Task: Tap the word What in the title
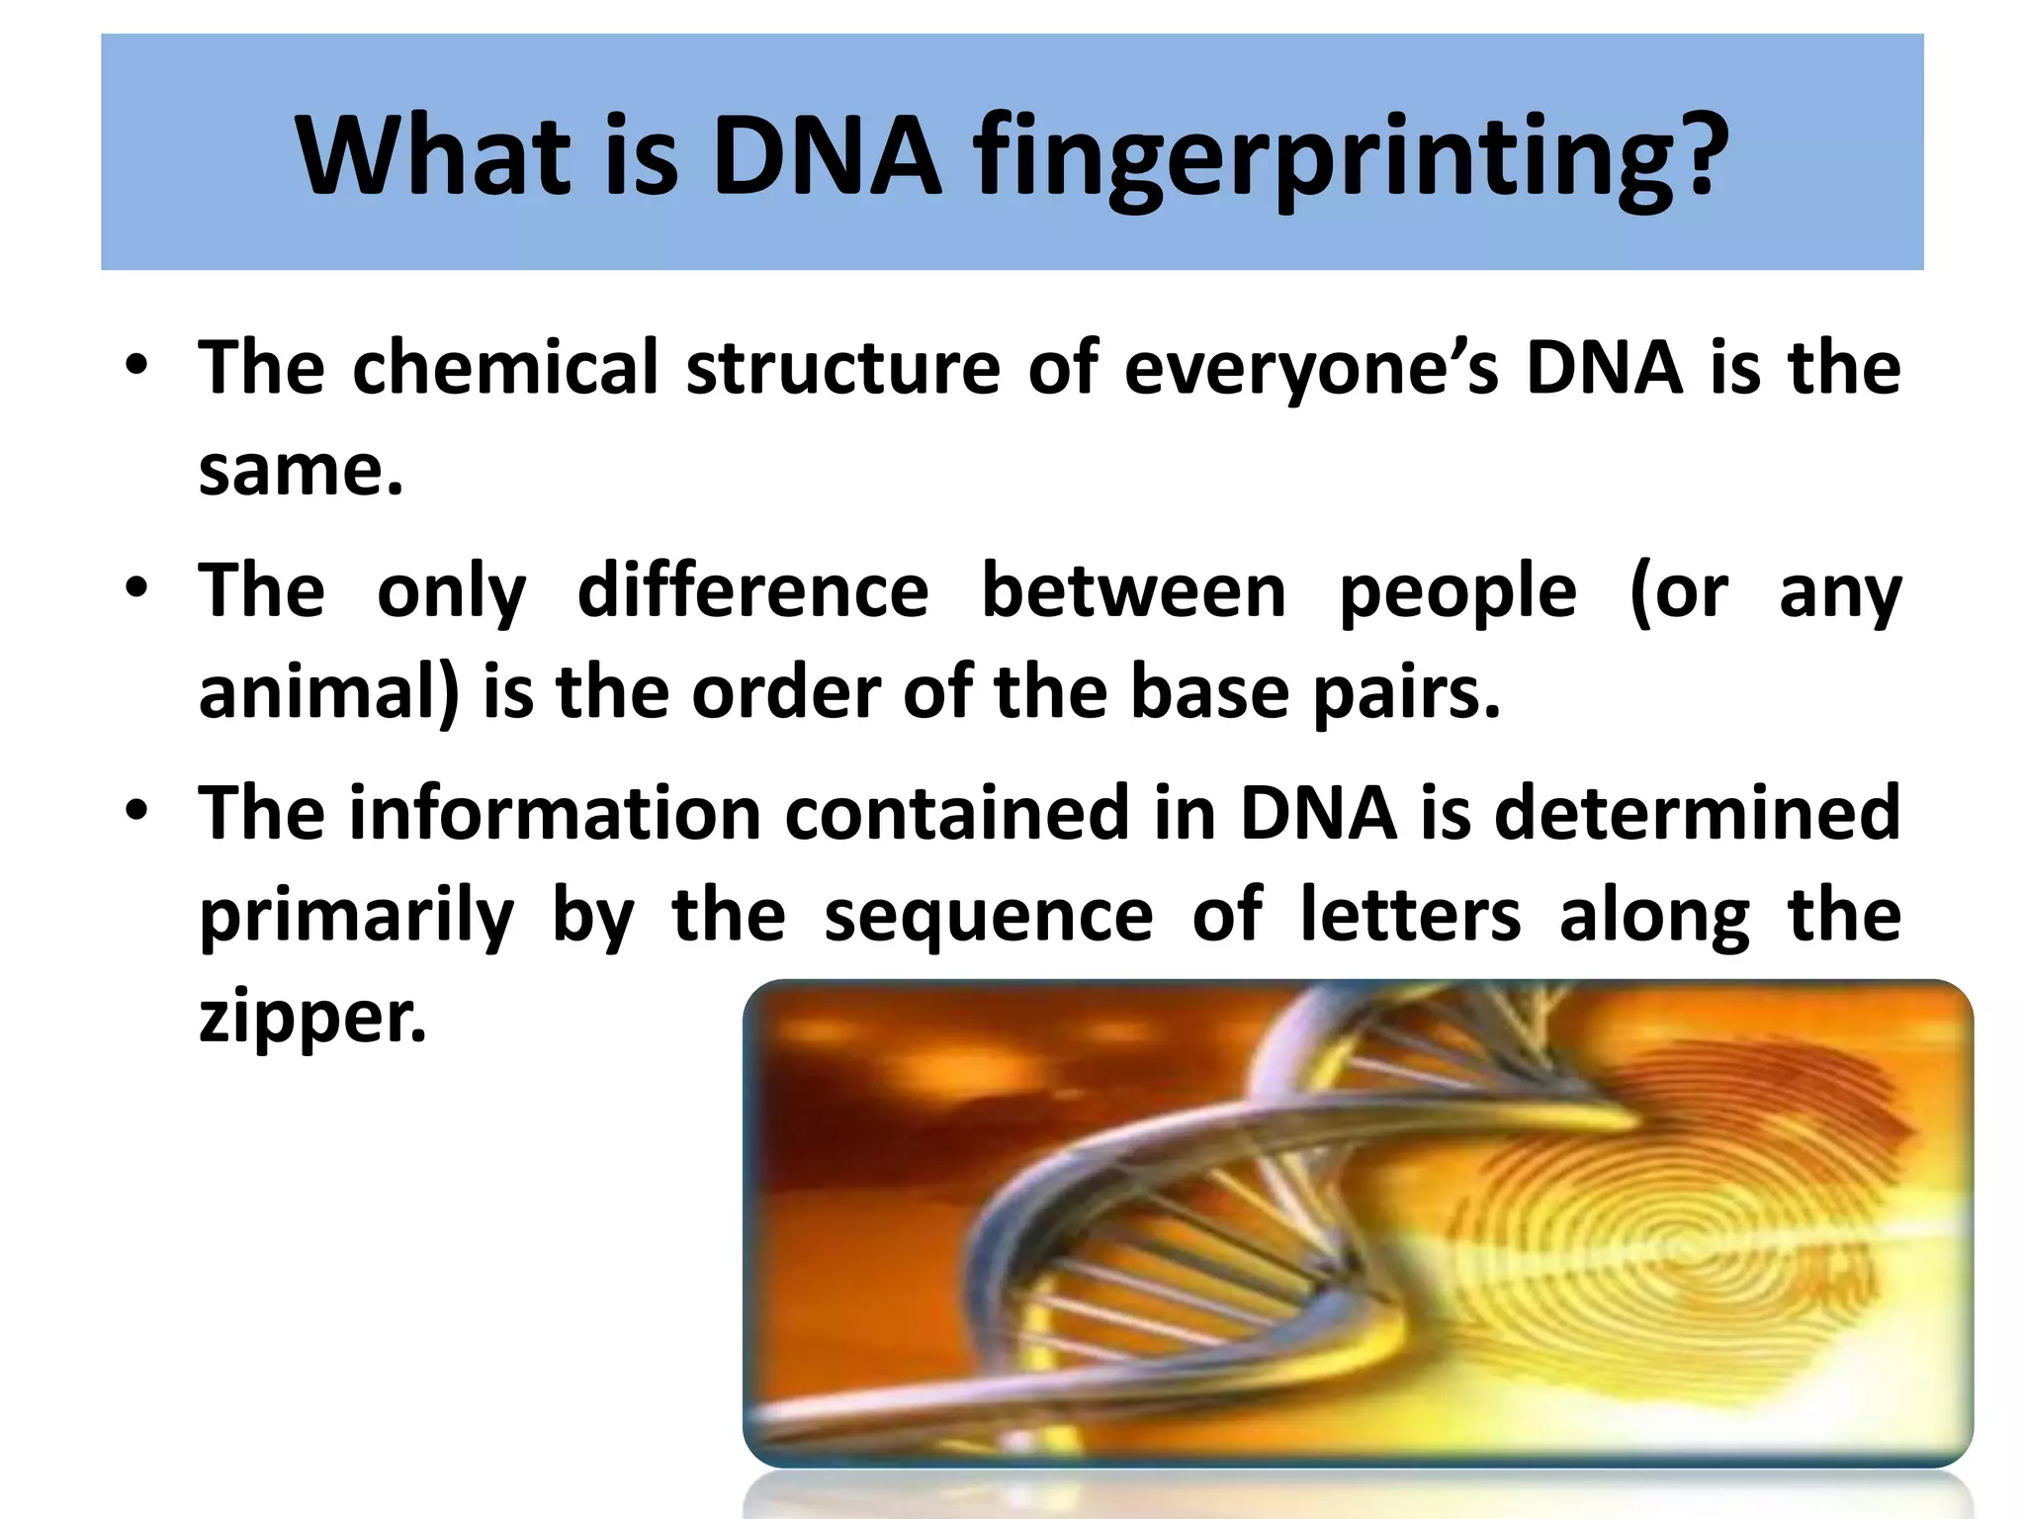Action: (435, 155)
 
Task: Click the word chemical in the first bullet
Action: (505, 367)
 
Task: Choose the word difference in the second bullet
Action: (752, 590)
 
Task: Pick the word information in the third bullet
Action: (555, 813)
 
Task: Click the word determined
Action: (1697, 813)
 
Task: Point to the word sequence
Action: (988, 917)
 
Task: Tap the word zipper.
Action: (312, 1019)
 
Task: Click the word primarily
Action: (357, 917)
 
